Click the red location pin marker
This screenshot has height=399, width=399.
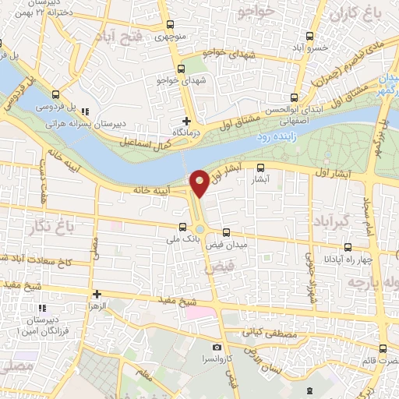199,182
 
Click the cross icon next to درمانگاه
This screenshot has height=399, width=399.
185,121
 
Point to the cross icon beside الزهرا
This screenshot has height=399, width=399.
97,294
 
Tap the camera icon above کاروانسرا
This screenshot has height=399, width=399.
217,346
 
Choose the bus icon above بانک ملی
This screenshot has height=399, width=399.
182,228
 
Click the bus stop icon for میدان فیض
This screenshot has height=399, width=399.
226,232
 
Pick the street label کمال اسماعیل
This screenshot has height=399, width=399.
147,143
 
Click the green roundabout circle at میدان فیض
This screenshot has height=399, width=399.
199,229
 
